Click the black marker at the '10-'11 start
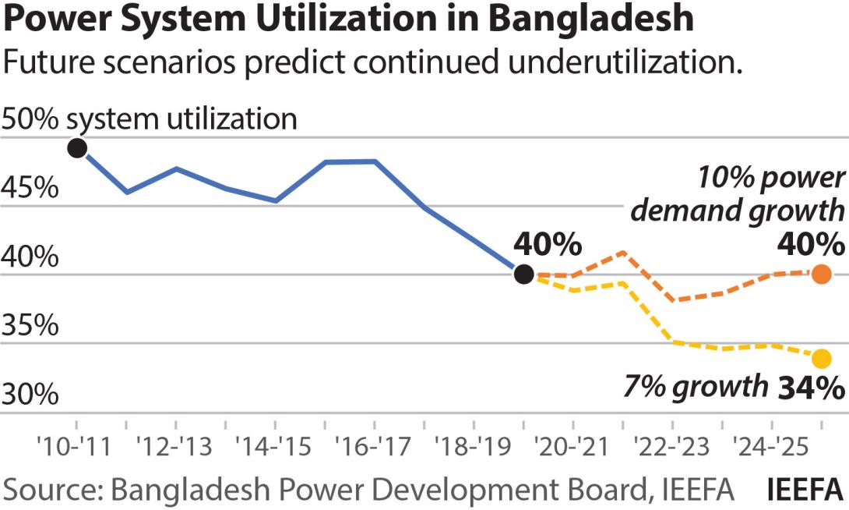click(76, 147)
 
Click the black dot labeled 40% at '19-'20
click(524, 274)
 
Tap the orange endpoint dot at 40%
click(821, 274)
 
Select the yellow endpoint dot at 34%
click(821, 359)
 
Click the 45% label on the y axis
click(30, 189)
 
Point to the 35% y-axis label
click(30, 326)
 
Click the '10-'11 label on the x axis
click(75, 448)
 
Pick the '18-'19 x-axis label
click(473, 448)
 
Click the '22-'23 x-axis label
click(672, 448)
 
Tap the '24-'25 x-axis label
click(771, 448)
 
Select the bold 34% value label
click(811, 388)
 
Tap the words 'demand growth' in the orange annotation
click(737, 211)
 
